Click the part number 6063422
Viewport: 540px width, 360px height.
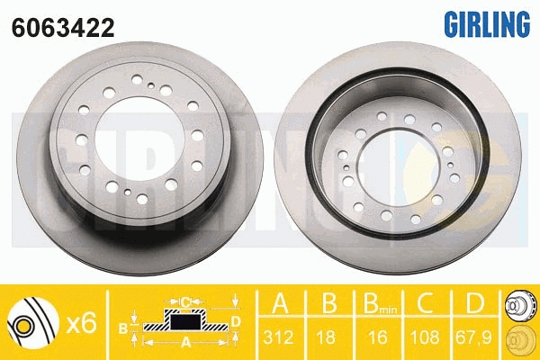click(x=63, y=28)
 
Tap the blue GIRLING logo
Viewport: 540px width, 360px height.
click(x=487, y=23)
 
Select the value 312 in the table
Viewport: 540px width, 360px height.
click(x=279, y=337)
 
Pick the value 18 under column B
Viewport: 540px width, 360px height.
click(x=326, y=337)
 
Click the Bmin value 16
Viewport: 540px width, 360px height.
click(x=378, y=337)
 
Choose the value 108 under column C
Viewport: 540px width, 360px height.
click(x=425, y=337)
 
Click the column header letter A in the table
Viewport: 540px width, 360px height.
click(x=280, y=303)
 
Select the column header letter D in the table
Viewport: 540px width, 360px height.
click(x=475, y=303)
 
